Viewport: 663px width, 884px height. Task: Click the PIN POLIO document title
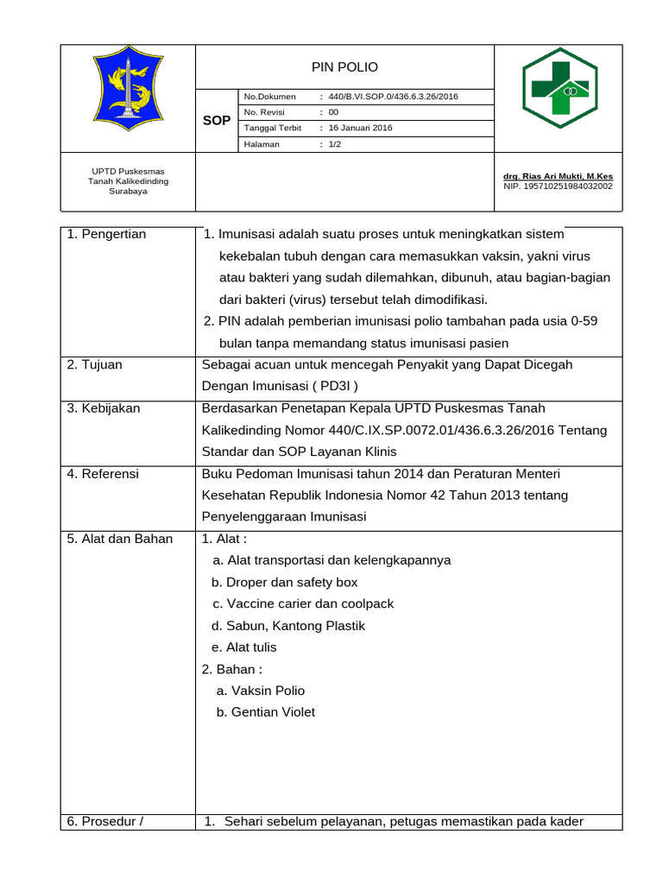click(x=344, y=66)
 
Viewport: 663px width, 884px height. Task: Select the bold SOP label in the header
click(x=216, y=121)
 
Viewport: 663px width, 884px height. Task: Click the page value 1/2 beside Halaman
click(x=335, y=144)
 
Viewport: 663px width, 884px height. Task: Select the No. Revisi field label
click(x=269, y=112)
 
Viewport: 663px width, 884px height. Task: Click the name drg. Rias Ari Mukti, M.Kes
click(x=558, y=176)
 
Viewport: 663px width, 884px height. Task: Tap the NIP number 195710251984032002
click(x=558, y=186)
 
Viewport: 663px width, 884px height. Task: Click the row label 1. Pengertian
click(x=107, y=234)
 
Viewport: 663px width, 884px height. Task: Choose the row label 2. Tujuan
click(x=95, y=364)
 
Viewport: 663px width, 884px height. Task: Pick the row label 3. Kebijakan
click(x=104, y=407)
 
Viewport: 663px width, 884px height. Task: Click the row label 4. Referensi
click(x=104, y=473)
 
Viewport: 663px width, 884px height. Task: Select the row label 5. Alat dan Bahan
click(x=120, y=539)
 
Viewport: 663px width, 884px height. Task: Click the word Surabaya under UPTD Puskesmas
click(x=128, y=192)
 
